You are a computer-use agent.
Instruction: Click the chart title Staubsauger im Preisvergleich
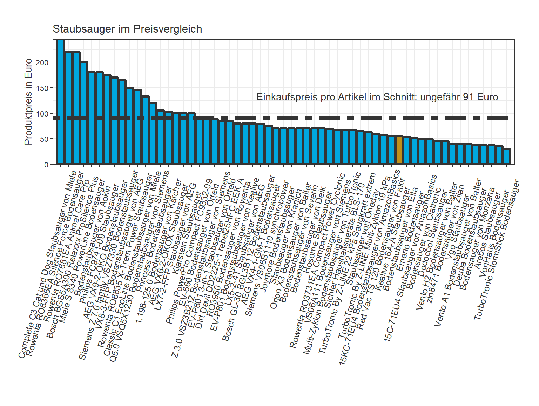[127, 29]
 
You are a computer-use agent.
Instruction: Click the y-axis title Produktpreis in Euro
[28, 102]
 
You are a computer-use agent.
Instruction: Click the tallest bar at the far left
[61, 102]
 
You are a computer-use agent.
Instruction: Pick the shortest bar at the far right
[507, 157]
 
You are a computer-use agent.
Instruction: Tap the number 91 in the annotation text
[468, 97]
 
